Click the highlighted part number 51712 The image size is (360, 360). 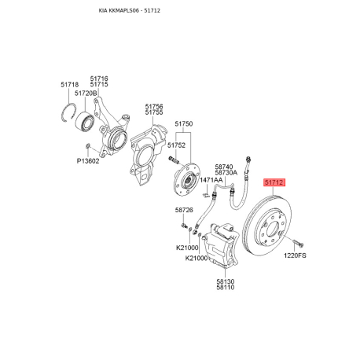coord(274,182)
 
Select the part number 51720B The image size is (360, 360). coord(86,93)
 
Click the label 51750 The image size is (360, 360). coord(183,124)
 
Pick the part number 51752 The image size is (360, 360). coord(177,145)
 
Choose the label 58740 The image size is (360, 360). coord(224,167)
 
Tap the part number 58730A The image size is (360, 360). coord(226,174)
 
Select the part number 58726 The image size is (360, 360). coord(183,211)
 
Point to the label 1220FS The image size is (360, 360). coord(296,255)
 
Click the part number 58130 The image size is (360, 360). coord(225,281)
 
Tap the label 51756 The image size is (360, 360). coord(154,106)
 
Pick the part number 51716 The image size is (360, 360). coord(99,78)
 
